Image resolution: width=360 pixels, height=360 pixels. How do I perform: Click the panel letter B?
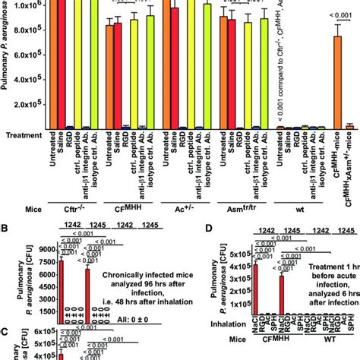click(x=6, y=225)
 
